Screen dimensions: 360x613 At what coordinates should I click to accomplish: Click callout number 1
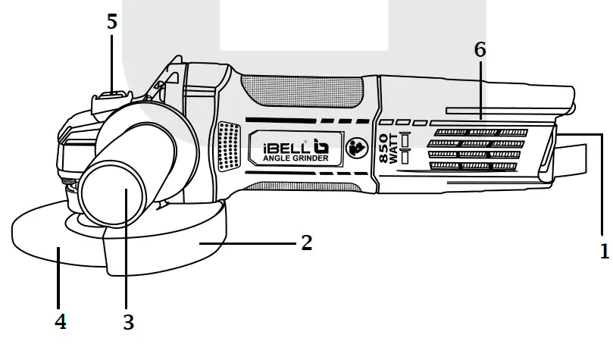tap(604, 251)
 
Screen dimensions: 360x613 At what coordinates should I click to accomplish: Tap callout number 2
tap(306, 243)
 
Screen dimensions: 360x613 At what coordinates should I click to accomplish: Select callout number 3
tap(129, 321)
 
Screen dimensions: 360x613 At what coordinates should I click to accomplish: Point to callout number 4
tap(61, 321)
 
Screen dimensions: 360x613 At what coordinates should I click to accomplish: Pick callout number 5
tap(112, 22)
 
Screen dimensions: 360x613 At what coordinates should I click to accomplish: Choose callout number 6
tap(480, 50)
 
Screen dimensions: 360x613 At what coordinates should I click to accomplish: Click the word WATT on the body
tap(394, 149)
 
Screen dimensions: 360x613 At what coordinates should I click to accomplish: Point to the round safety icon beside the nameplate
tap(354, 149)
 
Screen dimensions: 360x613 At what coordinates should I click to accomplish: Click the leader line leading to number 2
tap(250, 243)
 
